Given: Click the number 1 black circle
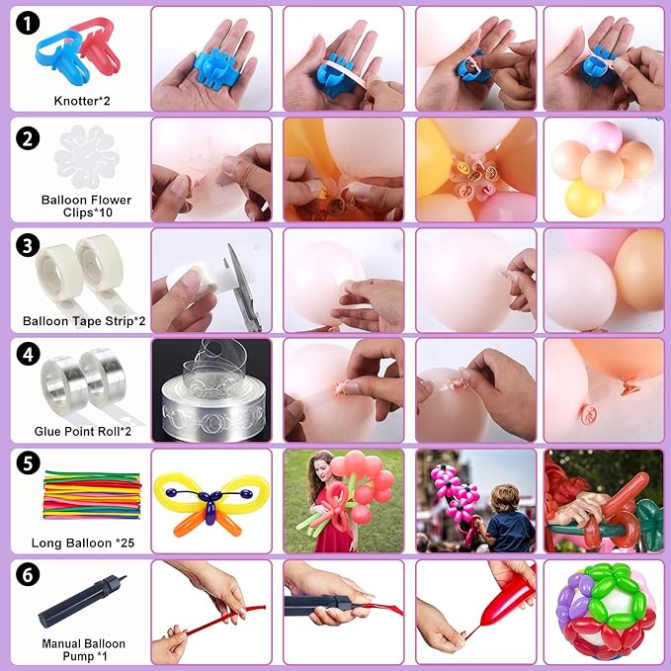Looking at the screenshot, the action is coord(28,23).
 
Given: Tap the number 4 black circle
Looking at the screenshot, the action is coord(29,355).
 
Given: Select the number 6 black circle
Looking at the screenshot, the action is coord(28,574).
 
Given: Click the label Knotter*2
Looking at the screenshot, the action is coord(82,101).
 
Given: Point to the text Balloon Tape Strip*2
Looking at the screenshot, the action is coord(84,321).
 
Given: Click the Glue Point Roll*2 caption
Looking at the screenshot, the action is coord(83,431).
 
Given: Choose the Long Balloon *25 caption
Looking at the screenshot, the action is coord(83,544).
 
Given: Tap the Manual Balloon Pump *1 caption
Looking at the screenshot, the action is coord(83,649).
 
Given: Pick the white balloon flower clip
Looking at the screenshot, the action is coord(86,157).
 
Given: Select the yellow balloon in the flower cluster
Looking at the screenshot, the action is coord(584,198).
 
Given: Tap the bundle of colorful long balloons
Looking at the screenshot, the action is coord(92,495).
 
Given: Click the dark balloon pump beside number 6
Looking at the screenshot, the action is coord(81,601).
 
